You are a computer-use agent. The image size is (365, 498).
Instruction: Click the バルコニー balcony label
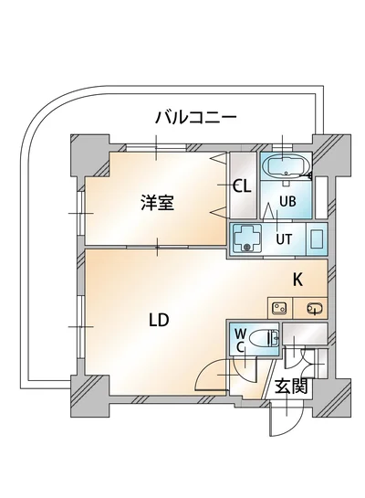[x=195, y=117]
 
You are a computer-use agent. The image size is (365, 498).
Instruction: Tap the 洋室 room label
[x=157, y=203]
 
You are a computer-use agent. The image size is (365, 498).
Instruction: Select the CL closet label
[x=242, y=187]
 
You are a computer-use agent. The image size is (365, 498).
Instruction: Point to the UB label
[x=287, y=202]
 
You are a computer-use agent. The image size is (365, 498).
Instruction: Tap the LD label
[x=159, y=320]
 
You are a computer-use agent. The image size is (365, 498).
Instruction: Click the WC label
[x=241, y=340]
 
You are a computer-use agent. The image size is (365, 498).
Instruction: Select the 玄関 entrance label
[x=291, y=387]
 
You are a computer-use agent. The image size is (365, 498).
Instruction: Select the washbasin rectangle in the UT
[x=317, y=240]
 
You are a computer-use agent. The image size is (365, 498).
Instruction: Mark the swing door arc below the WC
[x=220, y=374]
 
